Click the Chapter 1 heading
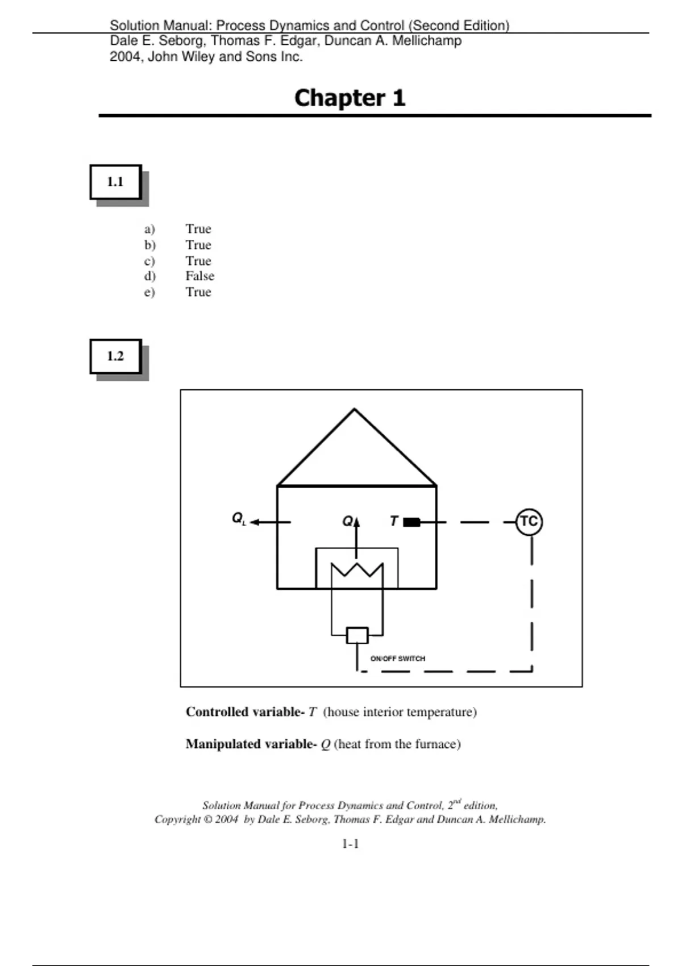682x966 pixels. pos(350,98)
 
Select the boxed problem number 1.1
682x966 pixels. pos(115,182)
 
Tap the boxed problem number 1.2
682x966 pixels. pos(115,356)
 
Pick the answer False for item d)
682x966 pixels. pos(199,276)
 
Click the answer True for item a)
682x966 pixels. pos(198,228)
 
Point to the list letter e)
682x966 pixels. pos(149,292)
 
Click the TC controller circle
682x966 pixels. pos(529,522)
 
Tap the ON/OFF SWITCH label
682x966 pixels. pos(398,659)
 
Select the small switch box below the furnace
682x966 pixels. pos(357,635)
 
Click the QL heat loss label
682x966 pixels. pos(239,518)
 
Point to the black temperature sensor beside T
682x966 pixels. pos(411,522)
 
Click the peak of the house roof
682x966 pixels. pos(354,409)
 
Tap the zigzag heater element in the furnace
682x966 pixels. pos(357,569)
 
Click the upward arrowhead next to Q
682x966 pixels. pos(356,522)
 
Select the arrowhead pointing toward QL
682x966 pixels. pos(255,522)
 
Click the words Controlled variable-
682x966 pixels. pos(245,711)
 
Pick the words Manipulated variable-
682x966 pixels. pos(251,744)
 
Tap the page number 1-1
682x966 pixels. pos(350,844)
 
